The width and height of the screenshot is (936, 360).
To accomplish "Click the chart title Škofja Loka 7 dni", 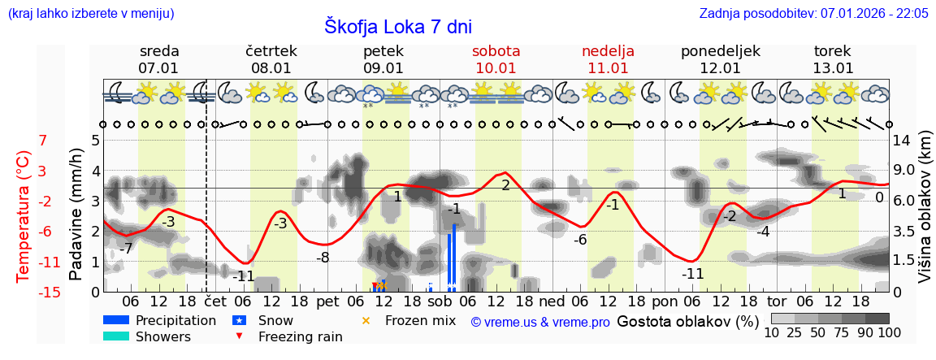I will click(x=398, y=26).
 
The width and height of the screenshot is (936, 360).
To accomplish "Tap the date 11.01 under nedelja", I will click(x=608, y=68).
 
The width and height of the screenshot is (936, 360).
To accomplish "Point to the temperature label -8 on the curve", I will click(x=323, y=258).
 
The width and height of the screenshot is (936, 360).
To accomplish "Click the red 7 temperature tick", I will click(x=42, y=141).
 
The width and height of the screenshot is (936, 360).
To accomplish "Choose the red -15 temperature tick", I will click(x=50, y=293).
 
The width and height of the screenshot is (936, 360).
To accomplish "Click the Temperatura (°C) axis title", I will click(x=24, y=216).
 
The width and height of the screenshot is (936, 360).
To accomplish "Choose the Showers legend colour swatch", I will click(x=115, y=336).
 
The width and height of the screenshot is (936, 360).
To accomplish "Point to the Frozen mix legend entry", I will click(x=420, y=320).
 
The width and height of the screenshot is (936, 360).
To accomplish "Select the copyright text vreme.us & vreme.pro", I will click(x=540, y=322).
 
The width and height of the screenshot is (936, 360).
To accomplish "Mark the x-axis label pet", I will click(x=327, y=301).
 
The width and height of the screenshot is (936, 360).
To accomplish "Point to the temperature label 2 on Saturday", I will click(x=505, y=185).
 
